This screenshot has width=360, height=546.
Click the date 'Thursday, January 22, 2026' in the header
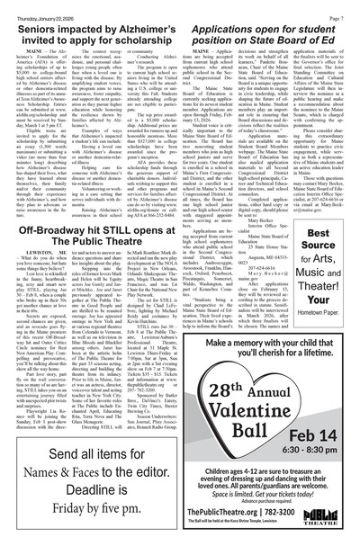tap(42, 8)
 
